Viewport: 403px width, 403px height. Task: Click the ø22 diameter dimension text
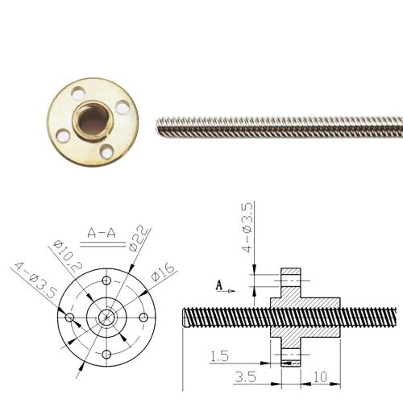click(x=139, y=236)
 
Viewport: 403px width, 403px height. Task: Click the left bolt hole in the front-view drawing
click(x=71, y=319)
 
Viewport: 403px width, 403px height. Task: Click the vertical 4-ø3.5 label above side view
click(x=248, y=229)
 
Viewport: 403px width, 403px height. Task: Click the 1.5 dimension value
click(x=218, y=355)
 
